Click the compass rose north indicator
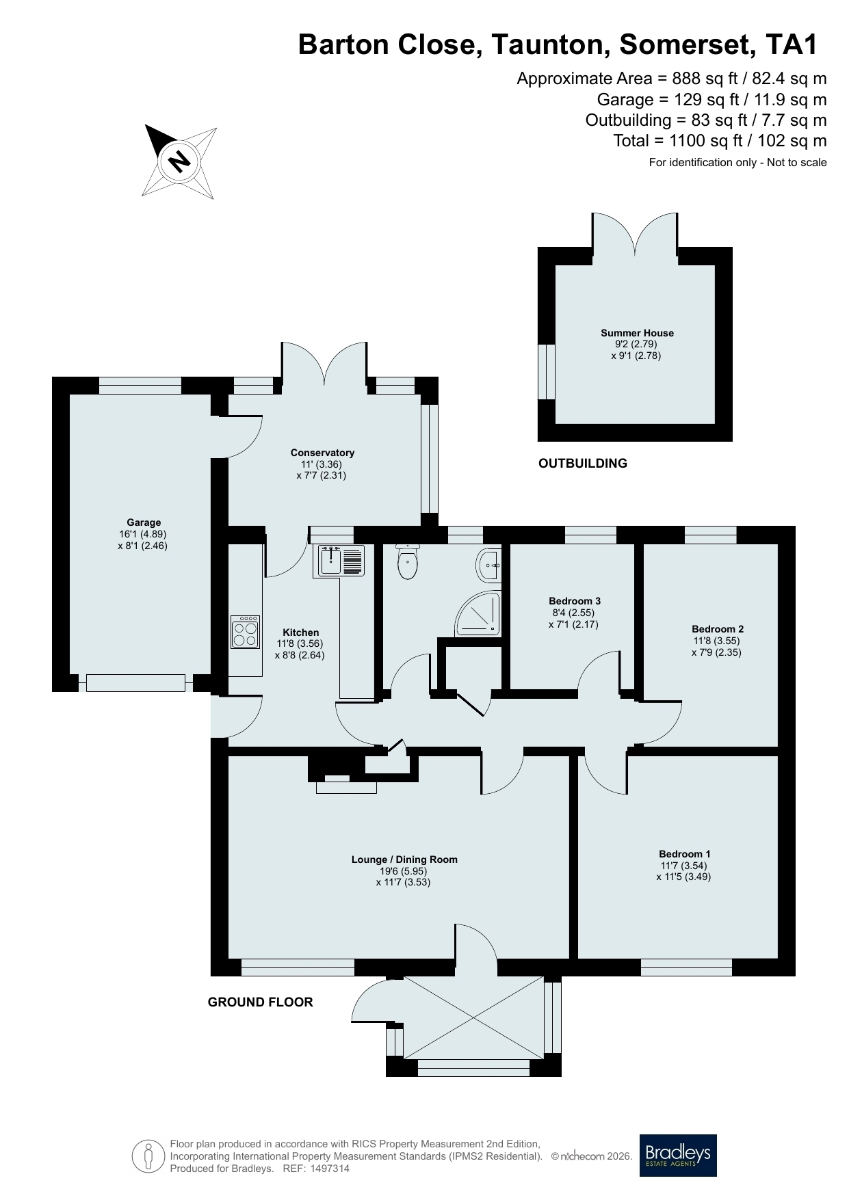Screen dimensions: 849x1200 pos(179,162)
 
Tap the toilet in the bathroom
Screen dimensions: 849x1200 pos(408,561)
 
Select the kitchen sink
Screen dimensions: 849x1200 pos(339,561)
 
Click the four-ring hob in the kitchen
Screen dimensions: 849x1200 pos(245,632)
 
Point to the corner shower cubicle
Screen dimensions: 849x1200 pos(478,614)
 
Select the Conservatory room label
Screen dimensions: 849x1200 pos(322,453)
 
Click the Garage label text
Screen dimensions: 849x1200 pos(144,523)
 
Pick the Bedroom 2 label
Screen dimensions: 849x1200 pos(718,629)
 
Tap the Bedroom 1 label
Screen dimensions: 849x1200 pos(685,854)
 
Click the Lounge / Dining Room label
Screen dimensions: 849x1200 pos(404,859)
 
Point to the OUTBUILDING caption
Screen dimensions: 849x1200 pos(583,464)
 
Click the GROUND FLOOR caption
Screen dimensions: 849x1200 pos(260,1002)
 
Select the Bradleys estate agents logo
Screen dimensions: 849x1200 pos(678,1156)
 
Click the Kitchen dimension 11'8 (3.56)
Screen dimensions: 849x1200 pos(300,643)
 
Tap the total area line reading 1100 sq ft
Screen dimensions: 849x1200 pos(720,141)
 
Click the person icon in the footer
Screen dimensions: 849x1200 pos(148,1157)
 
